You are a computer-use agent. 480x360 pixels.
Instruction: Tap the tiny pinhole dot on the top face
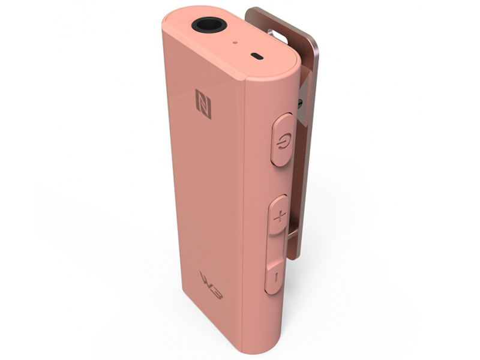pyautogui.click(x=236, y=43)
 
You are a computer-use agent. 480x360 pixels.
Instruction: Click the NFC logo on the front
pyautogui.click(x=203, y=104)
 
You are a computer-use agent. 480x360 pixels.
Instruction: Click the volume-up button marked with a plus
pyautogui.click(x=279, y=215)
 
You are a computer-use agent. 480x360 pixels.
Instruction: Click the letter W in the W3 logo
pyautogui.click(x=206, y=280)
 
